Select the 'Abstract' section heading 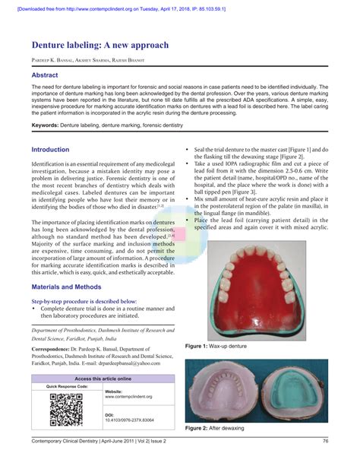coord(46,77)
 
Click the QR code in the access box coord(65,409)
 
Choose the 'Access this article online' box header coord(103,378)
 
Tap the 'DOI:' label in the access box coord(110,415)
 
